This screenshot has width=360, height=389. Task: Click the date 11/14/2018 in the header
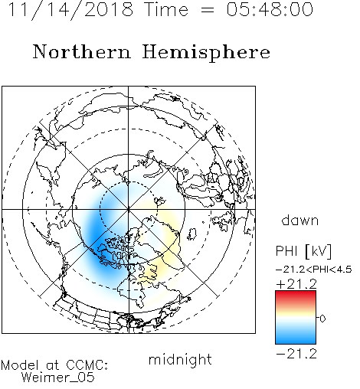tap(70, 10)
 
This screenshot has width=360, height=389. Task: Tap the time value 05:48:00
tap(270, 9)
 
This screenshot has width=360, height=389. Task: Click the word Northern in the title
tap(82, 52)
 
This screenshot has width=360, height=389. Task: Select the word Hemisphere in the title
tap(206, 53)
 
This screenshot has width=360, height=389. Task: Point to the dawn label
tap(300, 220)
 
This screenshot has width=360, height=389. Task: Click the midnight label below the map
tap(180, 360)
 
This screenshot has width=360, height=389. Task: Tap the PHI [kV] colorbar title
tap(303, 251)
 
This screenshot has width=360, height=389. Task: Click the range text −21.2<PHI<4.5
tap(314, 270)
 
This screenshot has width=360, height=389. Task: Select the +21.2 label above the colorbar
tap(296, 284)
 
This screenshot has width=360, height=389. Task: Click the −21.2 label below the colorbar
tap(296, 354)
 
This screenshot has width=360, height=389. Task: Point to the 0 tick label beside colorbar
tap(322, 319)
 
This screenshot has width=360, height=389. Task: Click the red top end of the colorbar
tap(296, 293)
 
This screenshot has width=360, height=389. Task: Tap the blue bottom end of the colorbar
tap(296, 341)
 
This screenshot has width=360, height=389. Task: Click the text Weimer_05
tap(58, 377)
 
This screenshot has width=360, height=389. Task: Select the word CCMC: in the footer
tap(87, 365)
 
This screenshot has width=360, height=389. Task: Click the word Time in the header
tap(166, 9)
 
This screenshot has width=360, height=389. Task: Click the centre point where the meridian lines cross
tap(129, 209)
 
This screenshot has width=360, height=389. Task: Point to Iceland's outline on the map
tap(192, 234)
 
